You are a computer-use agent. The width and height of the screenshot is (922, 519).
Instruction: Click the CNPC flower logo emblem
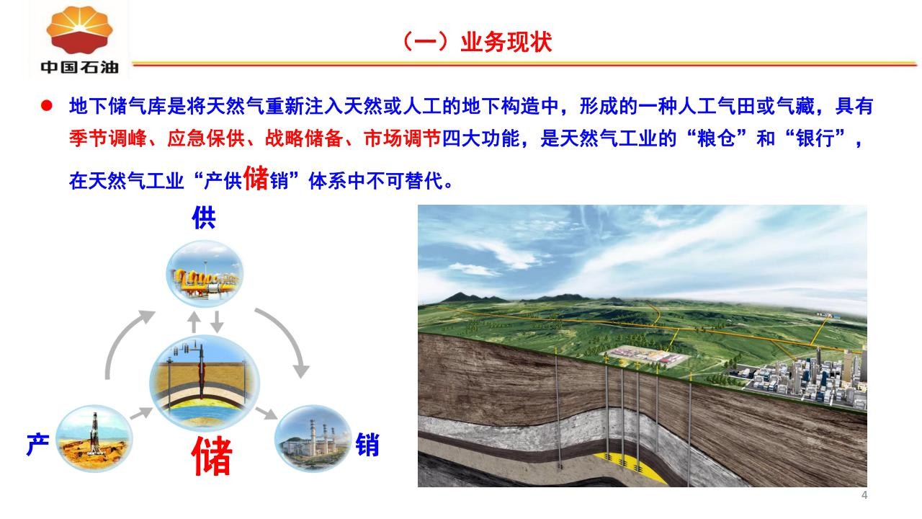coord(79,30)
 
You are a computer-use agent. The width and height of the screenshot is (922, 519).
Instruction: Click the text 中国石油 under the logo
coord(79,67)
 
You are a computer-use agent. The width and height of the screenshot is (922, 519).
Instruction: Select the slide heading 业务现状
coord(506,42)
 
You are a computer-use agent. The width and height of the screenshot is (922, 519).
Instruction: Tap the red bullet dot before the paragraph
coord(47,106)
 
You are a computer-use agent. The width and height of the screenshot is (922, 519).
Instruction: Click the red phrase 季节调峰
coord(108,138)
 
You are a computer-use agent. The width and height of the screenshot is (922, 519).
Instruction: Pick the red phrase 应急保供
coord(206,138)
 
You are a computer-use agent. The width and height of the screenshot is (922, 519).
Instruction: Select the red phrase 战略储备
coord(304,138)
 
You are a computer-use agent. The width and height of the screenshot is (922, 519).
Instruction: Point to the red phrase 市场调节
coord(403,138)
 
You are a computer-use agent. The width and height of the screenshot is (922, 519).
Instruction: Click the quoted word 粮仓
coord(717,138)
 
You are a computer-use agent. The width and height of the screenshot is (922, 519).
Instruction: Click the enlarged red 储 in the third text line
coord(256,178)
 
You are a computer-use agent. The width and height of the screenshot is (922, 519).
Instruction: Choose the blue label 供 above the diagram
coord(204,218)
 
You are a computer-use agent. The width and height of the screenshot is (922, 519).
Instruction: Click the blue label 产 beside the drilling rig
coord(38,444)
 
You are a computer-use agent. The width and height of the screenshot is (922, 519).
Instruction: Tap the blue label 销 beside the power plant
coord(367,444)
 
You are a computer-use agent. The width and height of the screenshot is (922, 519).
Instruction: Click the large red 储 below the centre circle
coord(212,456)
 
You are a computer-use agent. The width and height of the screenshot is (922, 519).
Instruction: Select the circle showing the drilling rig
coord(94,438)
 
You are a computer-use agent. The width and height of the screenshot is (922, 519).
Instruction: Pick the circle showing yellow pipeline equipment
coord(205,273)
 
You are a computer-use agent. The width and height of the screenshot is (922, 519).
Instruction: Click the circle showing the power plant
coord(313,438)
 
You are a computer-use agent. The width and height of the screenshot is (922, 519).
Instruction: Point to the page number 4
coord(864,494)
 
